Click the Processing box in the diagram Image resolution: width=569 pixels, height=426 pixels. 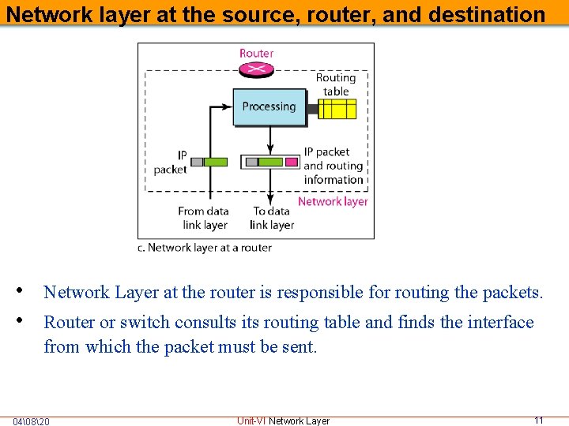tap(269, 107)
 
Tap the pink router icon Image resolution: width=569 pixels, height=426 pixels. tap(256, 69)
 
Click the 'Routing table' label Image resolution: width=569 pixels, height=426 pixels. tap(336, 84)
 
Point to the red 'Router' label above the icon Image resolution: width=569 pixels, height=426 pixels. tap(256, 54)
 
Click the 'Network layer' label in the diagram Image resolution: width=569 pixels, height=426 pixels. tap(333, 201)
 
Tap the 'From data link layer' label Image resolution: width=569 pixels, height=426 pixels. tap(204, 218)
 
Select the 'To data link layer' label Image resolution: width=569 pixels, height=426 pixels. tap(271, 218)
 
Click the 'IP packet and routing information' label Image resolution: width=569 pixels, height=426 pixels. tap(333, 166)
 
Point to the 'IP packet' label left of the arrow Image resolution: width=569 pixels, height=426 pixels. tap(171, 163)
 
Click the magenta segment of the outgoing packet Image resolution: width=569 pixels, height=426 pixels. tap(291, 162)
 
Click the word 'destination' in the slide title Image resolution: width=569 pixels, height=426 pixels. tap(495, 14)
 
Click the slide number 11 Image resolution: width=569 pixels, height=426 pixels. tap(539, 420)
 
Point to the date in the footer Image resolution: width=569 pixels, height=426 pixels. tap(31, 421)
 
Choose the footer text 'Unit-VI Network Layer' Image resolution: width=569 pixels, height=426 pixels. tap(283, 420)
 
